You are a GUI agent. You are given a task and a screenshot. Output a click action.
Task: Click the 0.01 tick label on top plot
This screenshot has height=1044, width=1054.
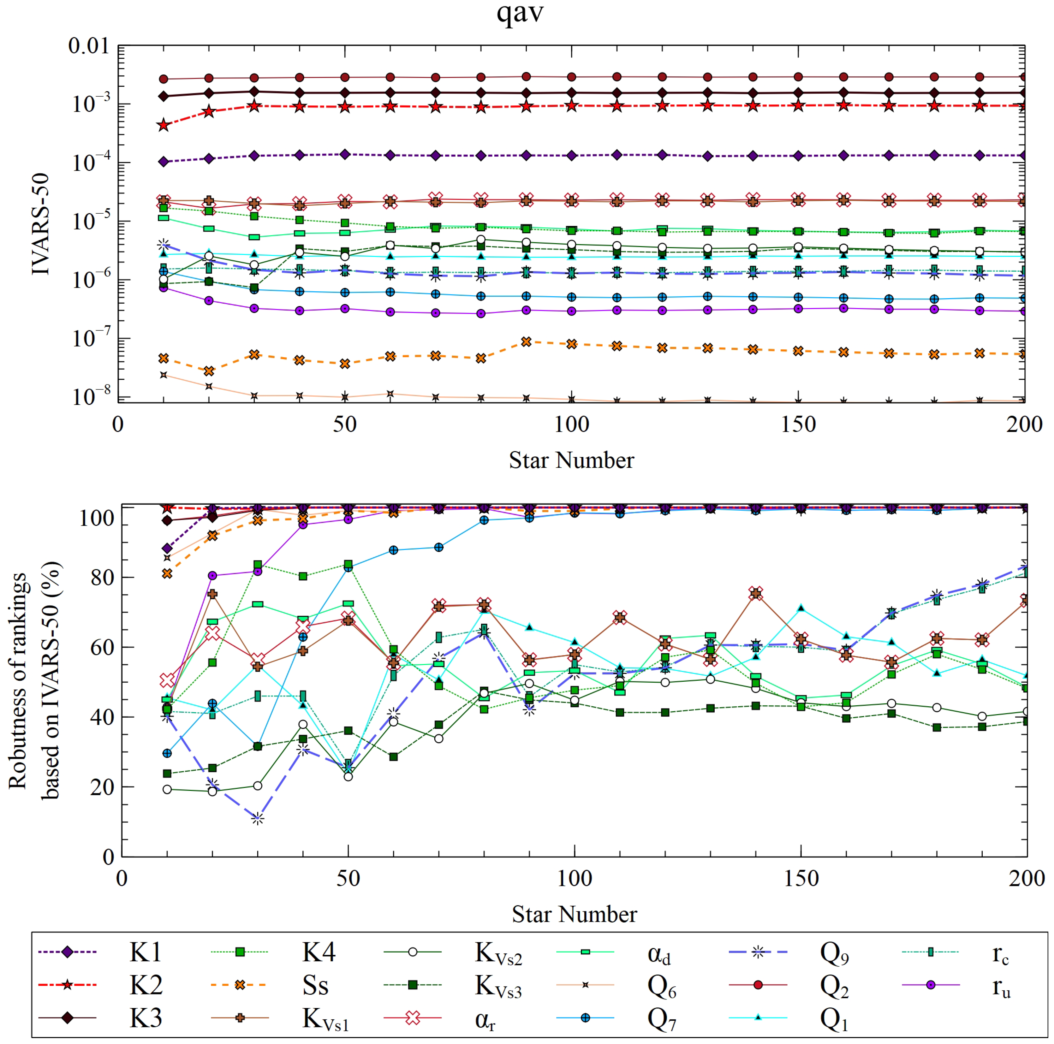coord(88,46)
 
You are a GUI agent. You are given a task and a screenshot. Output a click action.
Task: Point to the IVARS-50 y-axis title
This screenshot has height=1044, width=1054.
coord(41,224)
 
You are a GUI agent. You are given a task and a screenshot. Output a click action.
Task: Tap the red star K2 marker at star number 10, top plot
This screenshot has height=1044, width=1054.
coord(163,126)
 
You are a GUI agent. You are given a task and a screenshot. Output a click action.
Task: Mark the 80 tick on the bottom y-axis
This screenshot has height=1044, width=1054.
coord(102,577)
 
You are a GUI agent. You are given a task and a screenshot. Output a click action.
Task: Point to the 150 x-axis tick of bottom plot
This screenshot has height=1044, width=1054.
coord(801,879)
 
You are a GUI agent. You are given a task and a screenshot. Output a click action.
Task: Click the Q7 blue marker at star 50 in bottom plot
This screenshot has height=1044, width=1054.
coord(348,567)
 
